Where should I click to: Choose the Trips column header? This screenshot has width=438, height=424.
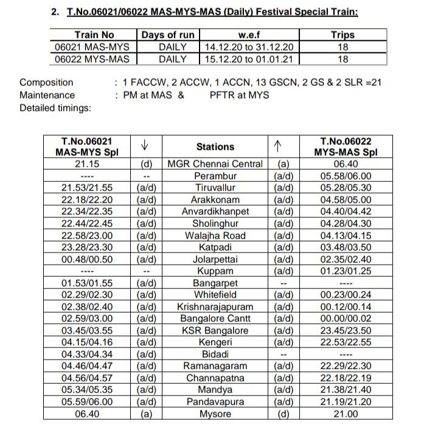[x=342, y=35]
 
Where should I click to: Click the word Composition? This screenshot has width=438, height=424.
[x=46, y=82]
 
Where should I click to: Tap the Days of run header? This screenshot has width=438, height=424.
[x=167, y=35]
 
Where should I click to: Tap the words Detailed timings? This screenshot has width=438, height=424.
[x=55, y=108]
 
